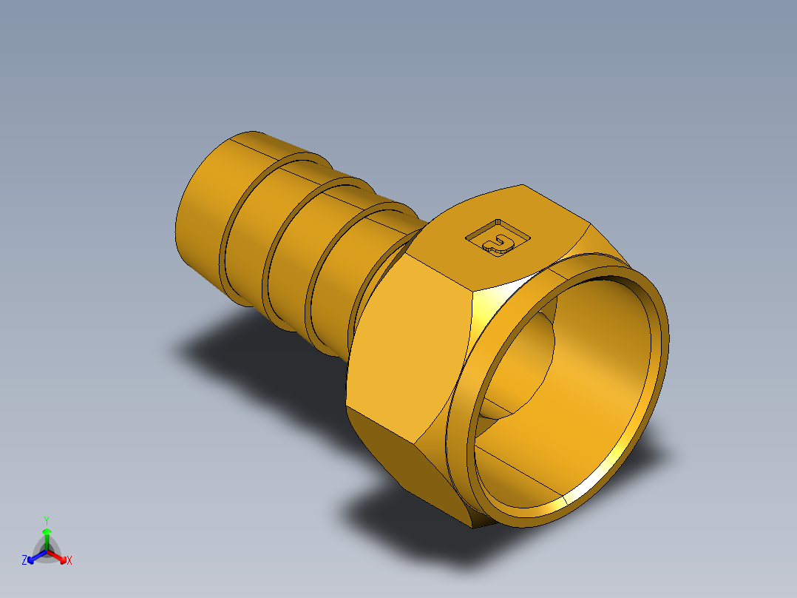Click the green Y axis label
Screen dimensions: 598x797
click(46, 520)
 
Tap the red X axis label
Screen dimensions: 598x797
click(69, 561)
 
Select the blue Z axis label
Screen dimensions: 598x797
click(24, 561)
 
